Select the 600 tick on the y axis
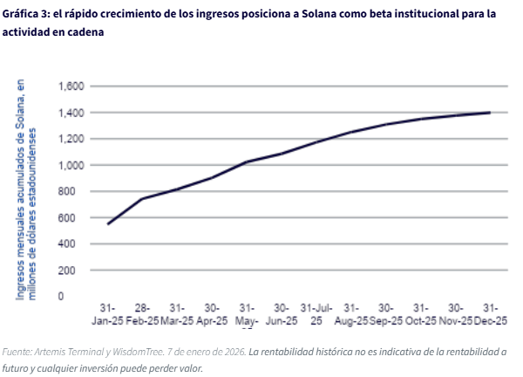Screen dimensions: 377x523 click(75, 217)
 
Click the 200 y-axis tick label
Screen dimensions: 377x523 click(75, 271)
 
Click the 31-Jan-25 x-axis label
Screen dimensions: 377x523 click(107, 314)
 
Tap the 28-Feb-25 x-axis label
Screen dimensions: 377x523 click(142, 314)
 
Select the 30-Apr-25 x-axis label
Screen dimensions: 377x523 click(212, 314)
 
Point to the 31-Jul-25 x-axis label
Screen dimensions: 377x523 click(316, 314)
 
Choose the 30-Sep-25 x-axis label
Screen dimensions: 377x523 click(386, 314)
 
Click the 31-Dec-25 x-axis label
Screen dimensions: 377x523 click(490, 314)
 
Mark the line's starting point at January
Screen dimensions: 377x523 click(107, 224)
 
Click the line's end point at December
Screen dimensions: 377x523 click(490, 113)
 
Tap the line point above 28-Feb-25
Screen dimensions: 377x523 click(142, 199)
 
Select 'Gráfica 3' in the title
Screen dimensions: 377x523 click(26, 14)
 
